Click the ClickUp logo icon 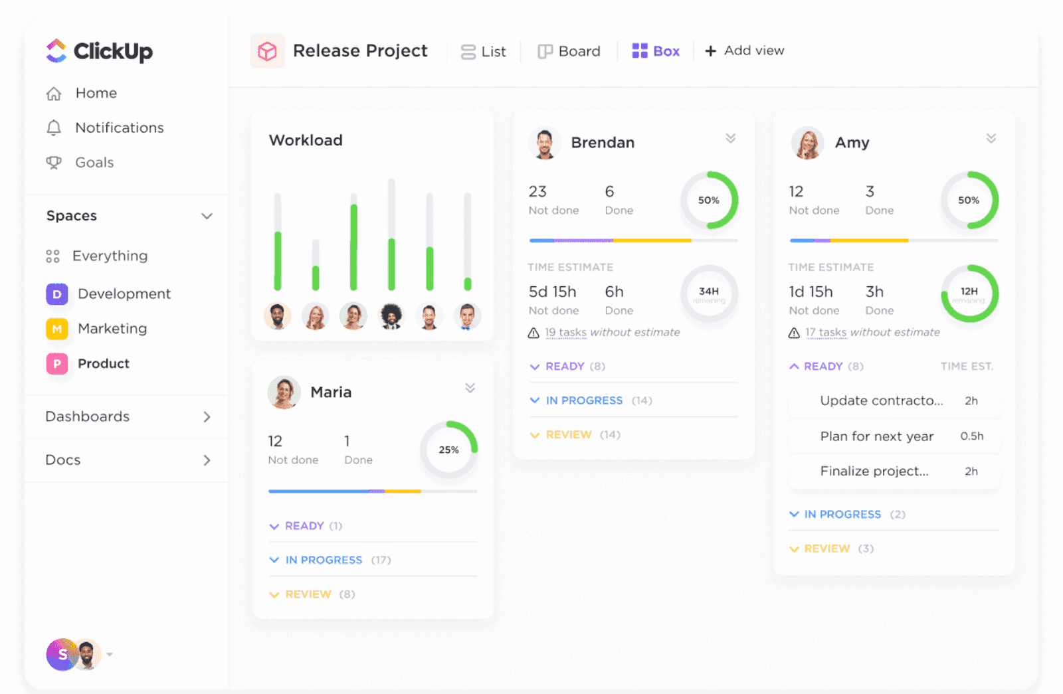(56, 51)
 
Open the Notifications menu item (119, 128)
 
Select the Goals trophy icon (54, 163)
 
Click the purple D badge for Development (57, 294)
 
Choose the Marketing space (112, 329)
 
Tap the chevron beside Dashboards (207, 417)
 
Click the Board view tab (569, 51)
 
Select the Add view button (745, 51)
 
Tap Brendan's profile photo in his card (545, 143)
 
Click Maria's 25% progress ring (448, 450)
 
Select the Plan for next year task (876, 436)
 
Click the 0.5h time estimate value (971, 436)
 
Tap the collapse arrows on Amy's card (991, 139)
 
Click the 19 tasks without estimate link (565, 333)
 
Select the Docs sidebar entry (63, 460)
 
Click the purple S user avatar (61, 655)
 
